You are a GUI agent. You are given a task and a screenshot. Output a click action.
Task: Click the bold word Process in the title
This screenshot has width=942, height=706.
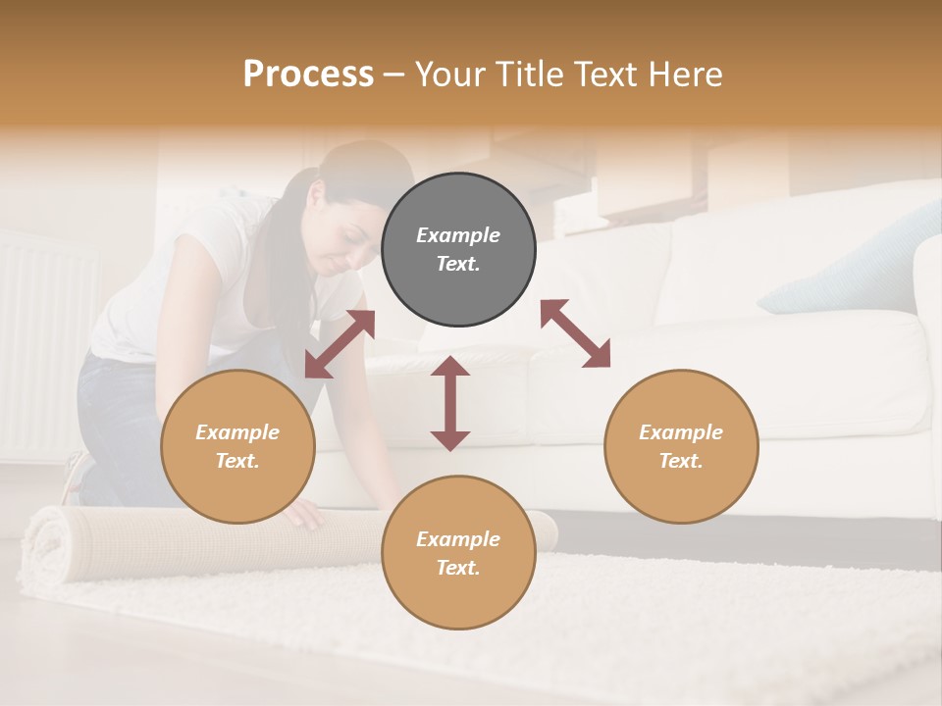coord(308,75)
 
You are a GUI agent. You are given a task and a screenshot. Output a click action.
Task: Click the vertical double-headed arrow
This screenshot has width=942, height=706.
coord(450,403)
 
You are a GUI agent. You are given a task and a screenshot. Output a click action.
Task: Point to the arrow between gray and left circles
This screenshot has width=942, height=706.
coord(340,344)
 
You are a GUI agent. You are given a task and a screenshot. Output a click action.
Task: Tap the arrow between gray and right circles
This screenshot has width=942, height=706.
coord(575,333)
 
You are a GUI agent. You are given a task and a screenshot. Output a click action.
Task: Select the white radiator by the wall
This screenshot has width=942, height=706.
coord(44,343)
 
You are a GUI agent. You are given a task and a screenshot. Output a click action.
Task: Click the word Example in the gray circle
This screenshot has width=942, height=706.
coord(458,235)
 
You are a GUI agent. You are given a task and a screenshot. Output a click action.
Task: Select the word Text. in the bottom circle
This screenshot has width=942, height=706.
coord(458,568)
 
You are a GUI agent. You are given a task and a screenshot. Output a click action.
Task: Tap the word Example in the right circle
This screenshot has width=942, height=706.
coord(681,432)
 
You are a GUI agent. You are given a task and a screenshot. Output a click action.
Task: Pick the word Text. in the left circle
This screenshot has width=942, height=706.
coord(237,461)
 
